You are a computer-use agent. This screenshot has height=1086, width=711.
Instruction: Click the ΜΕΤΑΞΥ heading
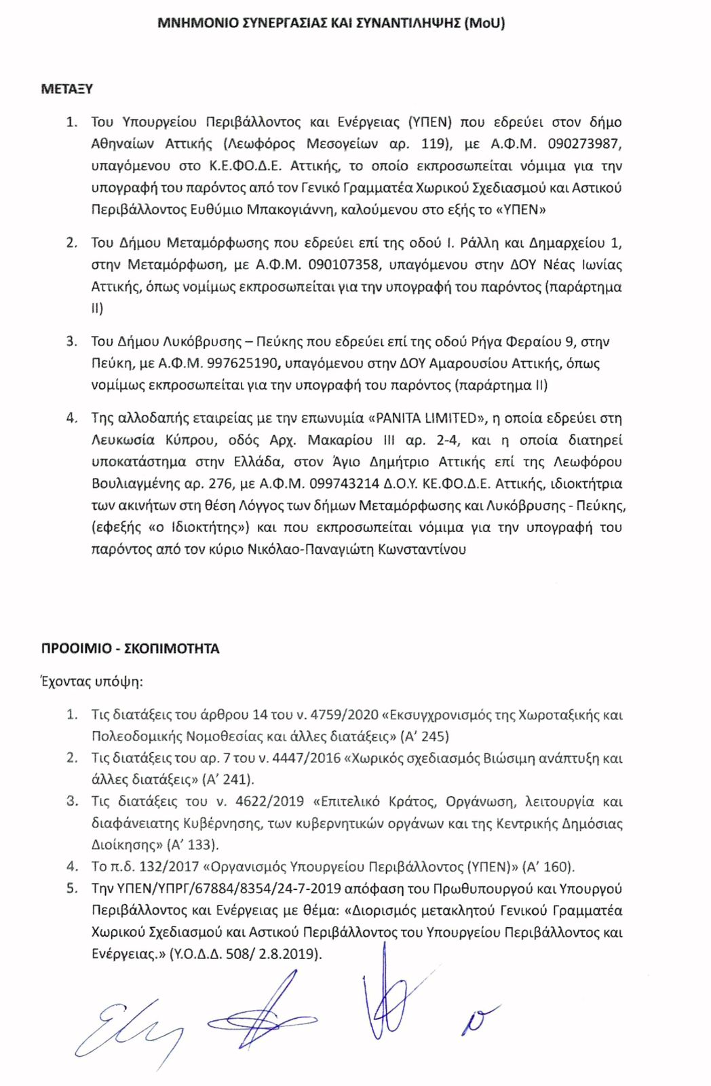coord(66,89)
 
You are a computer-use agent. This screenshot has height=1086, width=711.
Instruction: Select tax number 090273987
coord(583,144)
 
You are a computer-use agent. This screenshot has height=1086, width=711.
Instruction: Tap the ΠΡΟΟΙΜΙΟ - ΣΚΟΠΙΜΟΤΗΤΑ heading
coord(130,649)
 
